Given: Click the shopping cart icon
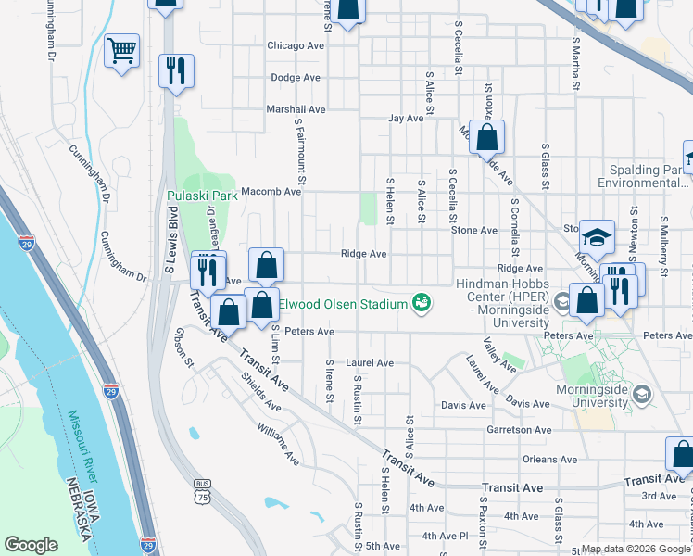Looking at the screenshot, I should coord(122,51).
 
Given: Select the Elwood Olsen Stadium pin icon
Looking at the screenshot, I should coord(422,304).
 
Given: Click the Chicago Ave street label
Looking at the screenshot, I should coord(296,45).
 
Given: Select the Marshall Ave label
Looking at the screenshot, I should coord(296,109).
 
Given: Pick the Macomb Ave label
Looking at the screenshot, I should coord(271,192).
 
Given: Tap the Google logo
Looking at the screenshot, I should coord(31,545).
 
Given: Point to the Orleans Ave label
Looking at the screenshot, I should coord(549,459).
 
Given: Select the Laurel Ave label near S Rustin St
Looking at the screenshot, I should coord(371,363).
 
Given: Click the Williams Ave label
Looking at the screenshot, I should coord(279,446).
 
